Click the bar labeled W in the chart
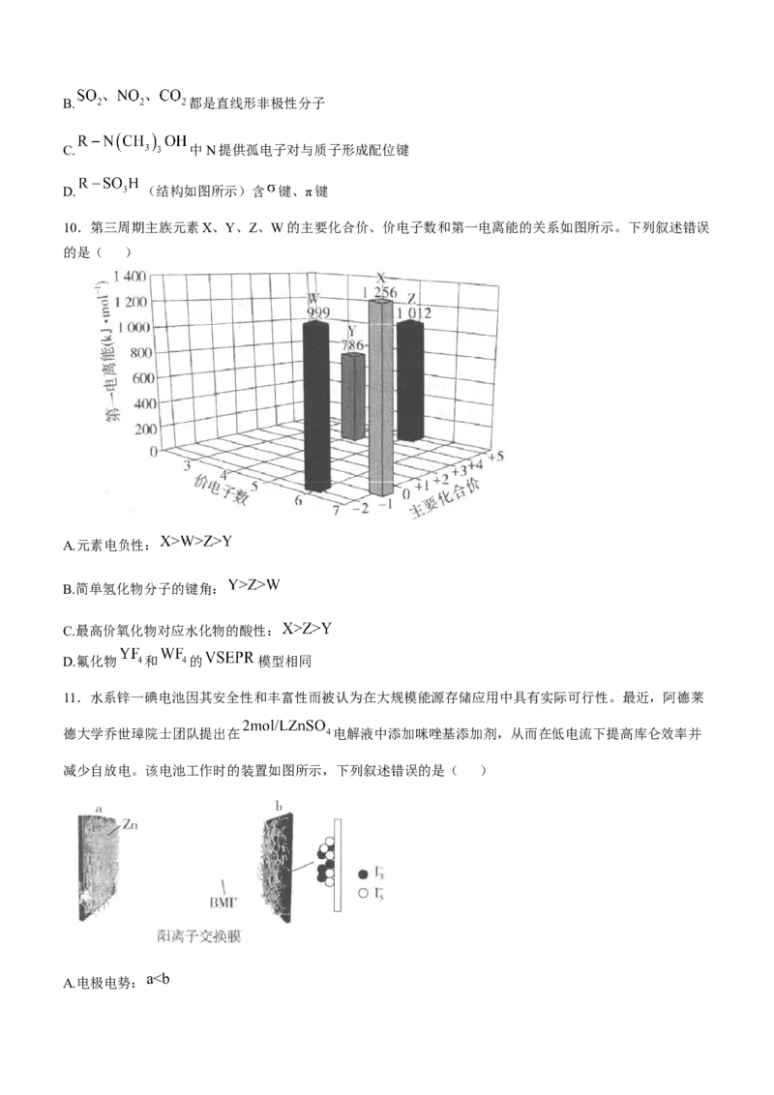tap(317, 405)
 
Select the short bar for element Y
tap(353, 396)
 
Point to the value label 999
tap(318, 312)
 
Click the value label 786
tap(352, 345)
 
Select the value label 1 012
tap(415, 313)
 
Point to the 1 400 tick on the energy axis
tap(130, 276)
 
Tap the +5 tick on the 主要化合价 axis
tap(495, 456)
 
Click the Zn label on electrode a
tap(130, 825)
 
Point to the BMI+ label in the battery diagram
tap(223, 903)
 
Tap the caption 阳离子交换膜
tap(199, 936)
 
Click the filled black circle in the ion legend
tap(363, 873)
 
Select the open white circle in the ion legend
tap(363, 893)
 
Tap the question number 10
tap(71, 227)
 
